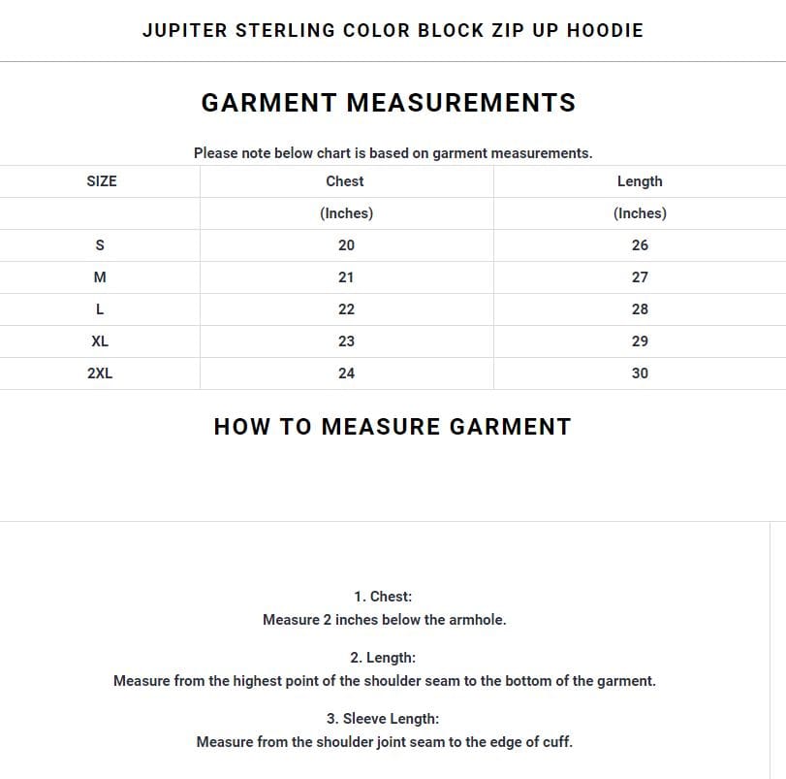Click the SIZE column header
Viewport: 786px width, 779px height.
101,181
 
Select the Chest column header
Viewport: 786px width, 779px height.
345,181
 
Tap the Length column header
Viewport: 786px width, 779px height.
640,181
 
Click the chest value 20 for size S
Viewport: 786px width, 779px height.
346,245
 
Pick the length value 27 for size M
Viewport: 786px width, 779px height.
640,277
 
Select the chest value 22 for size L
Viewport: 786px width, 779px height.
346,309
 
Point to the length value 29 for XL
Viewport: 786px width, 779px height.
640,341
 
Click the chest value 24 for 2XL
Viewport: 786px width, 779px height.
346,373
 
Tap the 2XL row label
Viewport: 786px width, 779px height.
100,373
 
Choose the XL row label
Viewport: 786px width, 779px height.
100,341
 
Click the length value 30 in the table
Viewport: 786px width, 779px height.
640,373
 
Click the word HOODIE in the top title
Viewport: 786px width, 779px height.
605,30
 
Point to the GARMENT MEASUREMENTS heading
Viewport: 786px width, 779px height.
389,103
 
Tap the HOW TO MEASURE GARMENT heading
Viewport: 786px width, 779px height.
393,427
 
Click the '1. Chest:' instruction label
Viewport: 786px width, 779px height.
383,597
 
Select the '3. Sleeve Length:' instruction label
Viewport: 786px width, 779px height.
383,719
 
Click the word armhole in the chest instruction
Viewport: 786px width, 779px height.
475,620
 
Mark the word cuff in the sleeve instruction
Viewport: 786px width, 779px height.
555,742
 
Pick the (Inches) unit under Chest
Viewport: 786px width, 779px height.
346,213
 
